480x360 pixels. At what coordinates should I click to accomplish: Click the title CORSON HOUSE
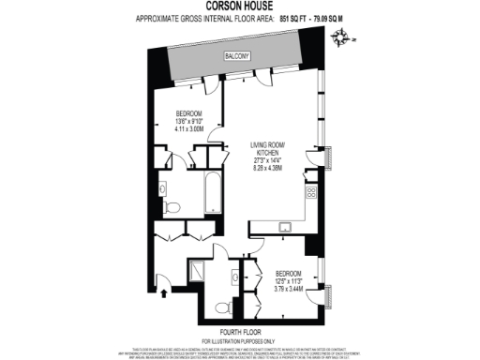point(239,6)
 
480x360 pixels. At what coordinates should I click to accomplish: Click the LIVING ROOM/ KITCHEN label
point(266,151)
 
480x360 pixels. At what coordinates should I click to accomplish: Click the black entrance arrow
point(165,293)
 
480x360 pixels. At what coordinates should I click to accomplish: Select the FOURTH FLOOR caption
point(239,334)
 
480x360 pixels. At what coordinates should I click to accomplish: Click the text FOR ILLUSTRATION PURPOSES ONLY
point(239,341)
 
